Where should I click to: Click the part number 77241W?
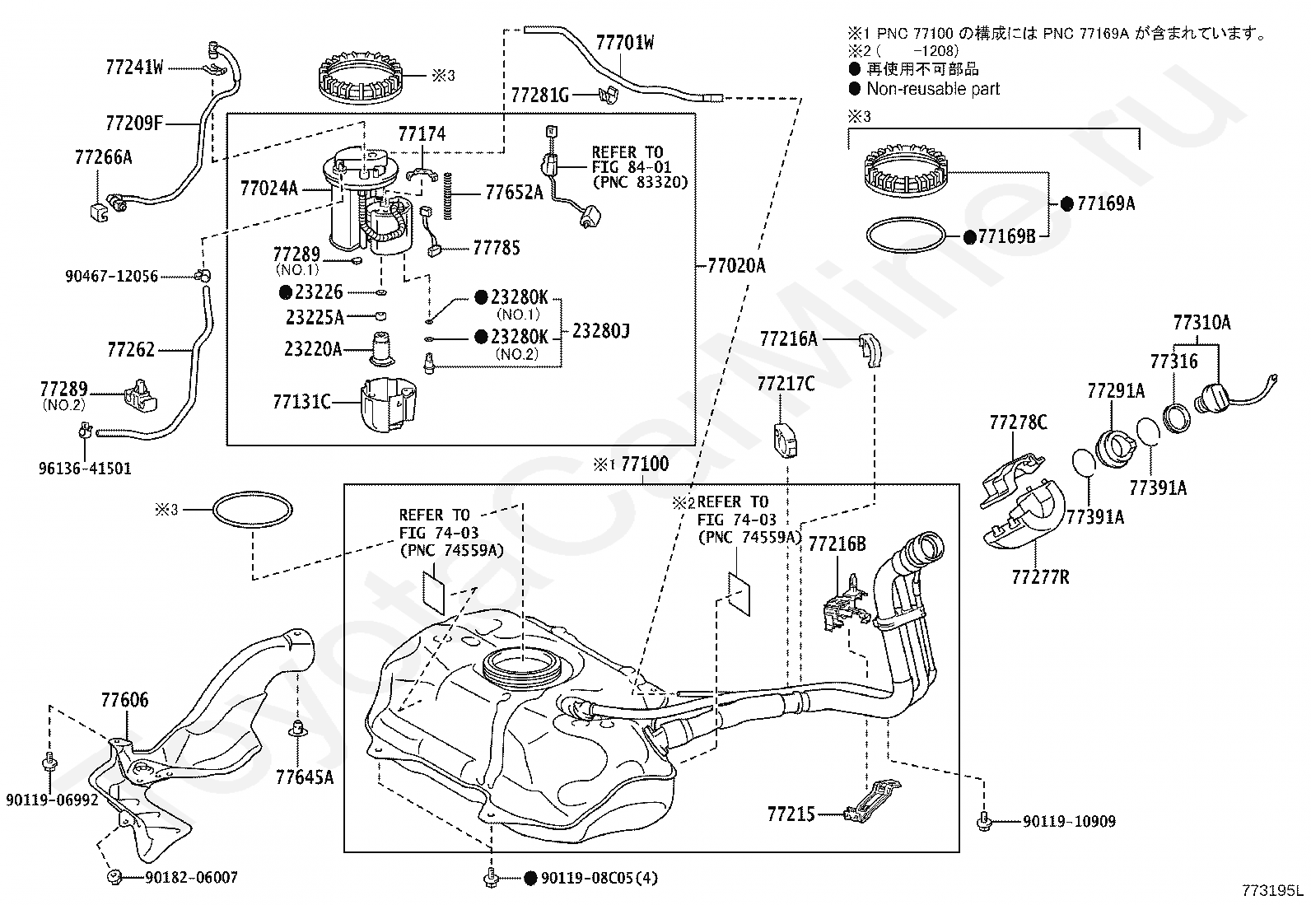tap(134, 68)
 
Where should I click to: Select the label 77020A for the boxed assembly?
tap(735, 265)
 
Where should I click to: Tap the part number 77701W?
tap(624, 43)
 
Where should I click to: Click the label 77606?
tap(125, 700)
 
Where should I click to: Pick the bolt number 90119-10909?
tap(1069, 821)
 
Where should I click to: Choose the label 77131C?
tap(301, 402)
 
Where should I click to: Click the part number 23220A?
tap(313, 349)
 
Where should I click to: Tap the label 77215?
tap(791, 814)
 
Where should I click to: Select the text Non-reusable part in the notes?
tap(932, 89)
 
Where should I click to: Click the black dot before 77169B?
tap(971, 237)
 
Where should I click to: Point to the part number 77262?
tap(130, 350)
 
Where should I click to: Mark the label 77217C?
tap(786, 384)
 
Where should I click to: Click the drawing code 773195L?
tap(1273, 890)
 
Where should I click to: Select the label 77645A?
tap(304, 777)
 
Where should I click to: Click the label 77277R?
tap(1040, 577)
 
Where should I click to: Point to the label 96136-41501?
tap(84, 469)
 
